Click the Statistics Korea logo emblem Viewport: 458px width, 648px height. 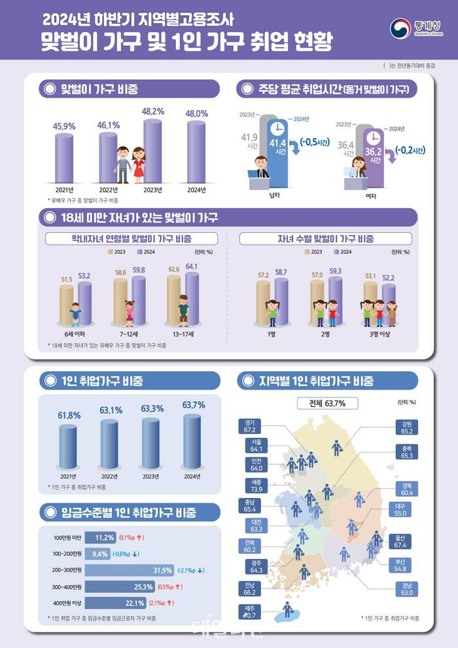pos(400,29)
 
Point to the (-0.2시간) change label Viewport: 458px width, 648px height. pos(410,150)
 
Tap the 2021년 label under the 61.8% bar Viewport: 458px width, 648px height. pos(69,476)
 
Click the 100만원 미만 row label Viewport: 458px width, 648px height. pos(67,538)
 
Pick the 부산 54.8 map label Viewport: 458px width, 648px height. pos(401,564)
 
